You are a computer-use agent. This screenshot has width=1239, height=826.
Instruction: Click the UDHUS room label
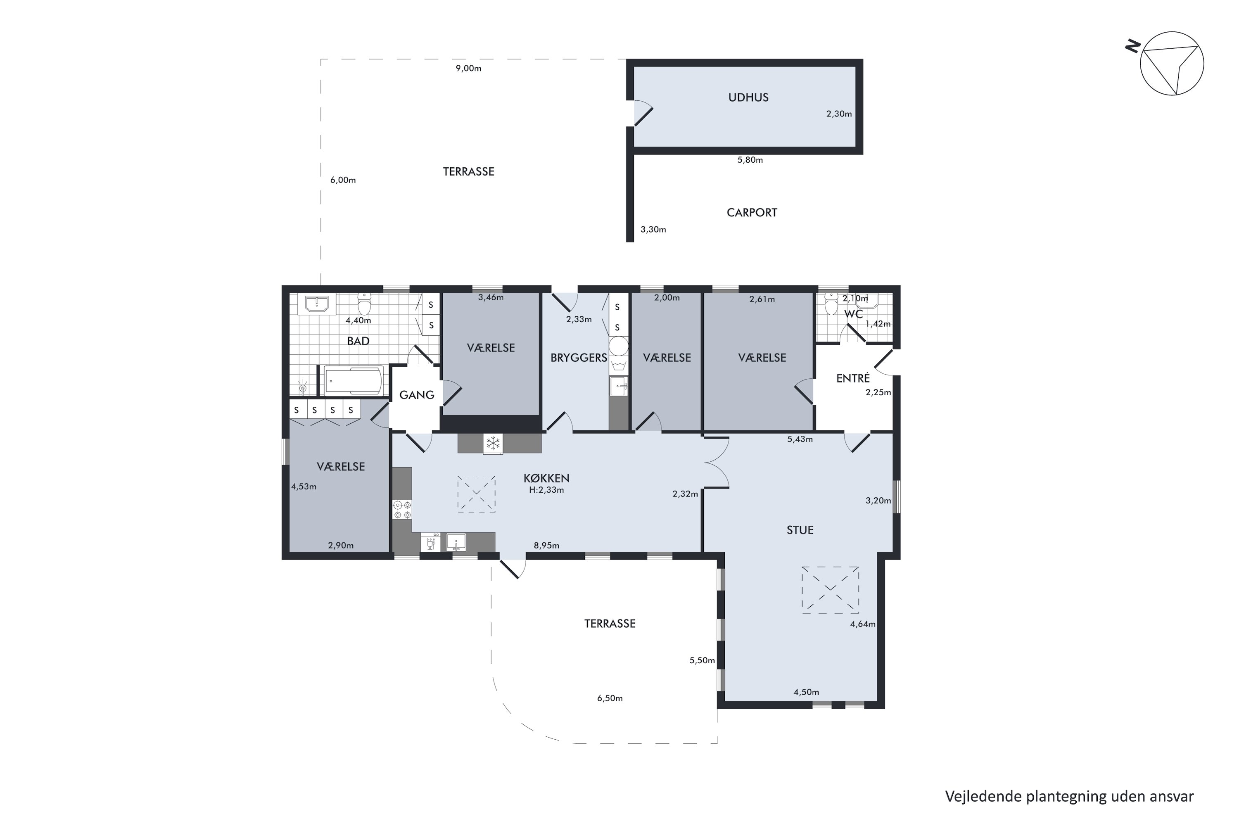click(748, 97)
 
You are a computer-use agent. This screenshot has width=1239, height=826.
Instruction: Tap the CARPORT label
click(752, 212)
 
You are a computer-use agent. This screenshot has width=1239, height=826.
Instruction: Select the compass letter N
click(1132, 47)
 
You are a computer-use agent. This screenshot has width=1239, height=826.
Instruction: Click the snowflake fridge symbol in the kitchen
click(493, 443)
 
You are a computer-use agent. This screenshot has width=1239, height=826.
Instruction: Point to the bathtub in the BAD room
click(353, 380)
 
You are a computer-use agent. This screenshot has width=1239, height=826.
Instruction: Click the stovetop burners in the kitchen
click(402, 509)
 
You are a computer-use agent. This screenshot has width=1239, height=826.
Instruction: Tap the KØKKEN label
click(546, 478)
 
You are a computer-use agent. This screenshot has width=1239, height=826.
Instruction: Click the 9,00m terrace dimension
click(468, 68)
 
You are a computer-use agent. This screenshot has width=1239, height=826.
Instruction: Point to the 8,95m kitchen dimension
click(546, 545)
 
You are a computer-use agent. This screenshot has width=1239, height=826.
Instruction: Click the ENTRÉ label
click(853, 378)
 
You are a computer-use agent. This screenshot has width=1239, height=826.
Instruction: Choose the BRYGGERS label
click(579, 358)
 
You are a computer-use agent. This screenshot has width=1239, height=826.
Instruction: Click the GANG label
click(417, 395)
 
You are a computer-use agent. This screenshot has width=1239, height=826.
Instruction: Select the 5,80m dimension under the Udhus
click(750, 159)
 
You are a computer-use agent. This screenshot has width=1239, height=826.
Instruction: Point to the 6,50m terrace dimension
click(610, 698)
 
